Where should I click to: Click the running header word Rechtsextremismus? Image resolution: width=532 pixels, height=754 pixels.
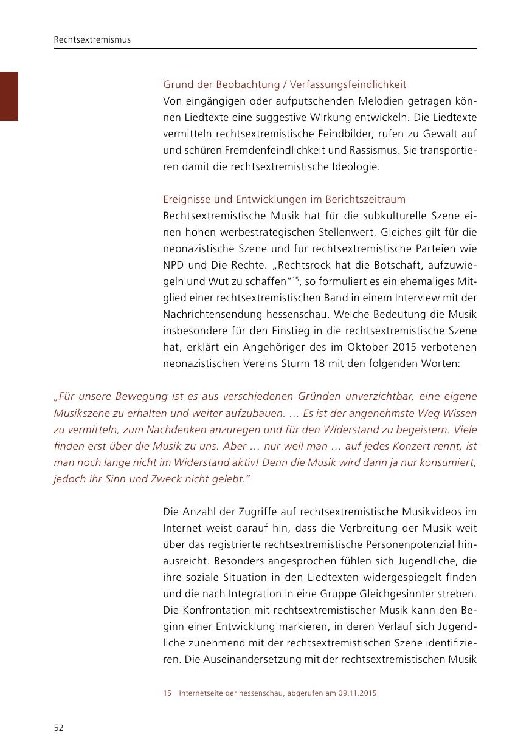92,40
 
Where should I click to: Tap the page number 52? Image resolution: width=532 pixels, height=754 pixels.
59,728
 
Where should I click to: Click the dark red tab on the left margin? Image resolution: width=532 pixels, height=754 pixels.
9,96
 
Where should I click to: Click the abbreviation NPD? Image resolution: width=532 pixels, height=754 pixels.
174,265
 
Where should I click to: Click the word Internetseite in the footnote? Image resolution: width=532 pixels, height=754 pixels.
198,692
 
